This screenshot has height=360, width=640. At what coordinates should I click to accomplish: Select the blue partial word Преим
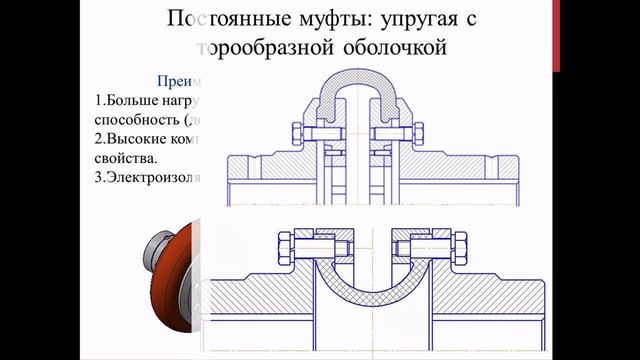click(180, 82)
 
